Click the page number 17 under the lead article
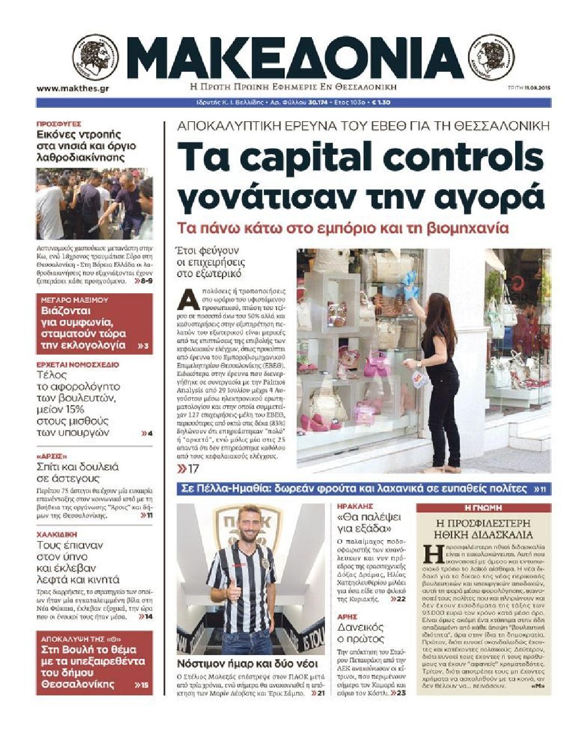189,469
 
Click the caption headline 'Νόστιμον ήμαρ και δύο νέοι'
248,664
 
